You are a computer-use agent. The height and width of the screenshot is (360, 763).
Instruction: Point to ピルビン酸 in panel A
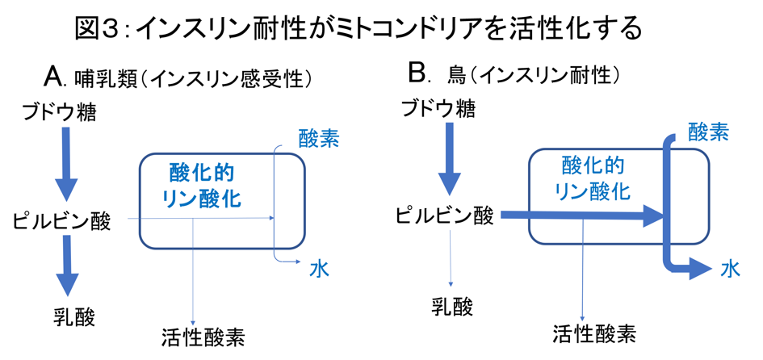click(62, 220)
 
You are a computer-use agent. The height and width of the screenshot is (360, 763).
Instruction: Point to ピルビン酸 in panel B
click(444, 216)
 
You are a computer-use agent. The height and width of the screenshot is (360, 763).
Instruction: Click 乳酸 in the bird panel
click(452, 306)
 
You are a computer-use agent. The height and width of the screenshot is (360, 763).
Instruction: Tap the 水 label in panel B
click(732, 269)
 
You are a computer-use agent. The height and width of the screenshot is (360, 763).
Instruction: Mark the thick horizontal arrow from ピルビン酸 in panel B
click(581, 216)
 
